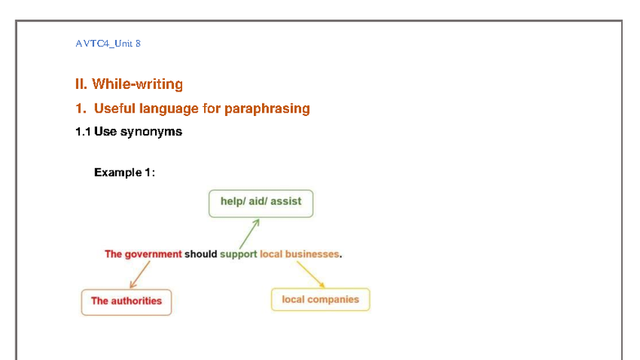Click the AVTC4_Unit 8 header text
click(x=107, y=43)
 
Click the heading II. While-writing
click(x=129, y=84)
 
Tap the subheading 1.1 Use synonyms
click(x=128, y=131)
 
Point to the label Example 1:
click(x=124, y=172)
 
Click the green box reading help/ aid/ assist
click(x=260, y=202)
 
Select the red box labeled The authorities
click(x=127, y=301)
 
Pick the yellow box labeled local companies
click(x=320, y=300)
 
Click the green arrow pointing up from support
click(x=250, y=233)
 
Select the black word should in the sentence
click(x=201, y=254)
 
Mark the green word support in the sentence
click(x=238, y=254)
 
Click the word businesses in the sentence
click(x=312, y=254)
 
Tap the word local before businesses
click(x=271, y=254)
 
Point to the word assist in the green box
click(x=286, y=201)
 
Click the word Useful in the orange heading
click(x=118, y=109)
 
